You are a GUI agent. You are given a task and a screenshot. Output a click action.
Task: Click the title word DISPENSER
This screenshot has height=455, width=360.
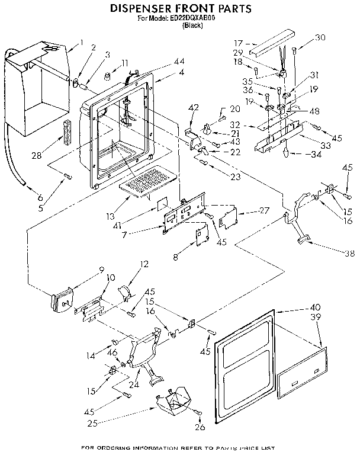click(137, 9)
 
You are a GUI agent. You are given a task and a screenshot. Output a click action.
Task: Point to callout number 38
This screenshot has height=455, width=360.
click(349, 254)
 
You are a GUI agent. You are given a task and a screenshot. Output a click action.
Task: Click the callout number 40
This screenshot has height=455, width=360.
click(314, 307)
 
